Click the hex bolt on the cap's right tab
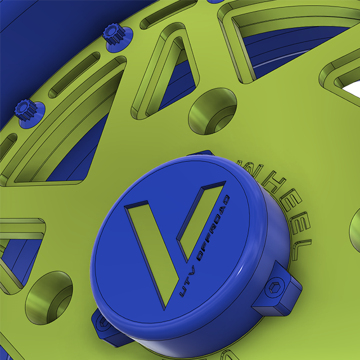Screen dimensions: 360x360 tap(275, 290)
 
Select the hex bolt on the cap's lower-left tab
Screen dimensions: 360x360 tap(103, 325)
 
